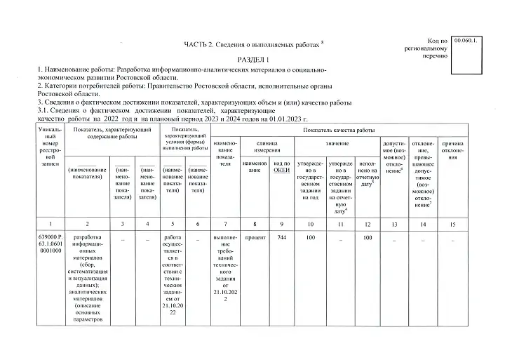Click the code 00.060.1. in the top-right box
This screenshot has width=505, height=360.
coord(465,43)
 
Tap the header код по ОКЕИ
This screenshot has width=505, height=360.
coord(282,167)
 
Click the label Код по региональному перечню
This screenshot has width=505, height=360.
coord(428,48)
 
